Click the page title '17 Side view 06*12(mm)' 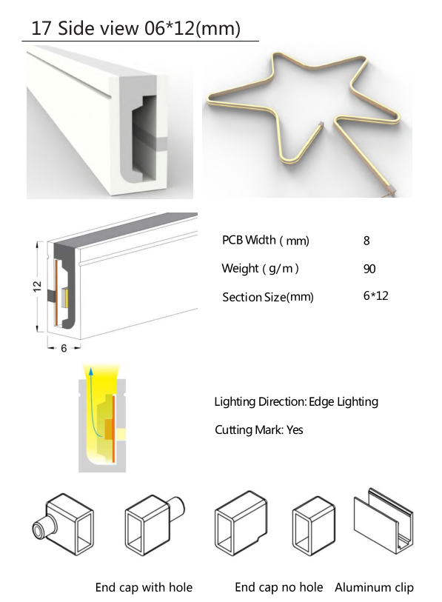135,28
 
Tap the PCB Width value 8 366,241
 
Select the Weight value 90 369,269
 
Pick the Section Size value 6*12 375,295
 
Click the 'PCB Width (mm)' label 265,241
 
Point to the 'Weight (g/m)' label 260,268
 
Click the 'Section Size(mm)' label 268,297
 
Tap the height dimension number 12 37,286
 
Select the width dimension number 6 64,348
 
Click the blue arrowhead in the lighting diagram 90,371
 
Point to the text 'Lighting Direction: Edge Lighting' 296,401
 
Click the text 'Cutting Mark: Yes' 259,429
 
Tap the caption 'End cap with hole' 144,587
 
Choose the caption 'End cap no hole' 279,587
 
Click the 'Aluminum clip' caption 374,587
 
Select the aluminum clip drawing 384,521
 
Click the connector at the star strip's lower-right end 391,190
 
